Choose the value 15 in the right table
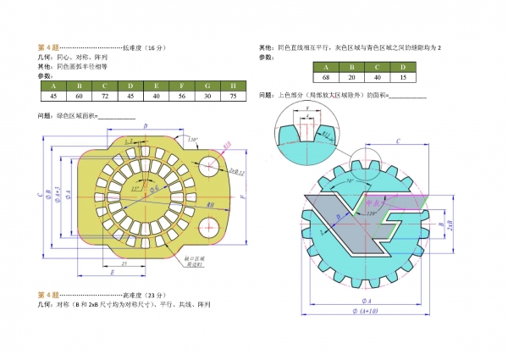coord(403,79)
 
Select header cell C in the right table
coord(378,67)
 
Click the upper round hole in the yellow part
coord(208,163)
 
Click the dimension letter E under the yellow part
coord(113,274)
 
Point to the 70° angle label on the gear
coord(350,180)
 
